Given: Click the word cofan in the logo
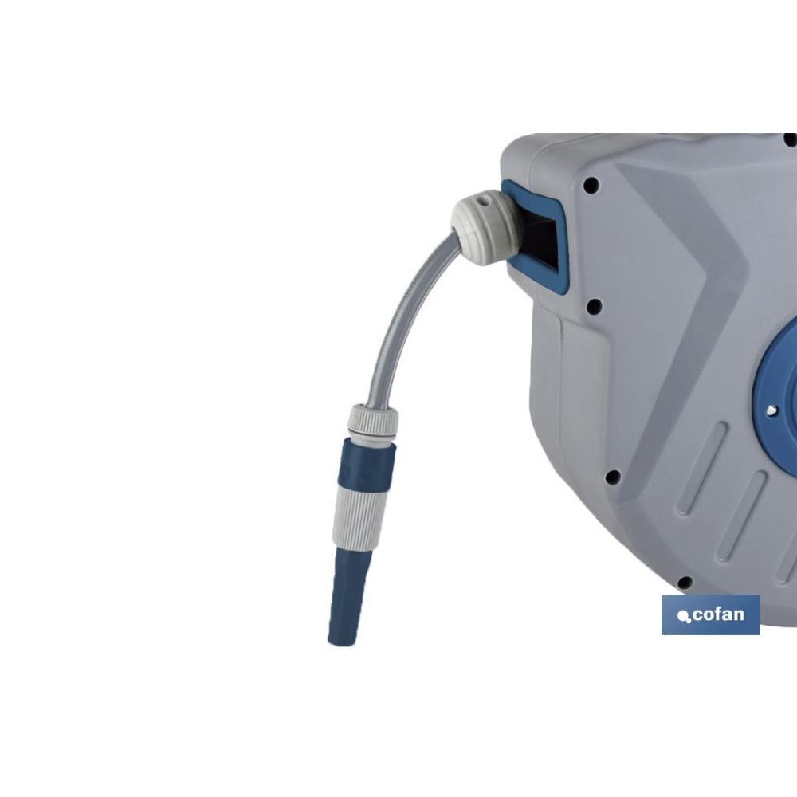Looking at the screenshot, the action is [x=718, y=614].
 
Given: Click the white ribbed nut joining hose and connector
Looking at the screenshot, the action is [x=373, y=422].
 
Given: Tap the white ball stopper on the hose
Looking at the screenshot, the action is [x=485, y=226].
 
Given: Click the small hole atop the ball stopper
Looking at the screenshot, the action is [x=488, y=200].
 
